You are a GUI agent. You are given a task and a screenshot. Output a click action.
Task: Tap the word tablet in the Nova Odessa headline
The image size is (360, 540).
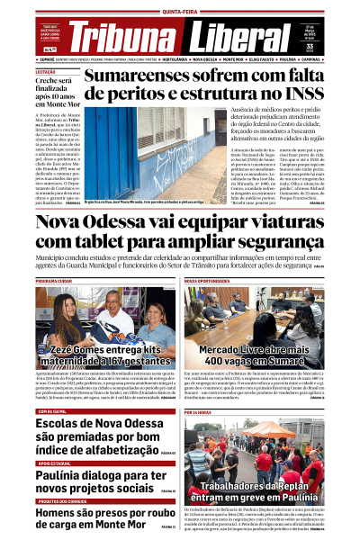point(99,241)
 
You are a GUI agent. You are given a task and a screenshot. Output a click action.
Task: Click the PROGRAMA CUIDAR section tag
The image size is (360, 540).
point(53,281)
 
